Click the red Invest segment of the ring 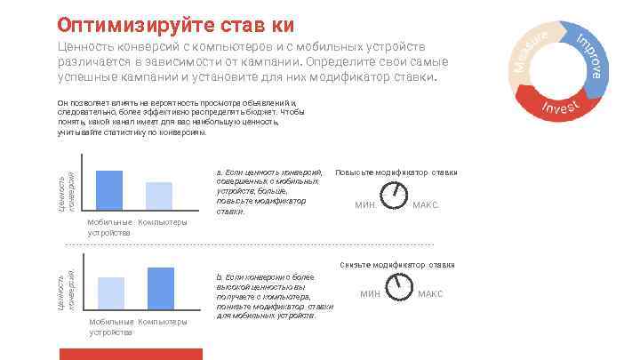click(560, 106)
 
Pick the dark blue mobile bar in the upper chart click(108, 189)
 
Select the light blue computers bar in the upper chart click(158, 196)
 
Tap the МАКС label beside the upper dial click(425, 205)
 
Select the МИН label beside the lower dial click(370, 293)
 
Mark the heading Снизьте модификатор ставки click(397, 264)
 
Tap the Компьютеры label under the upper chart click(163, 222)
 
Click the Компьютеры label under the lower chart click(163, 322)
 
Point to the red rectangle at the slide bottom click(131, 354)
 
